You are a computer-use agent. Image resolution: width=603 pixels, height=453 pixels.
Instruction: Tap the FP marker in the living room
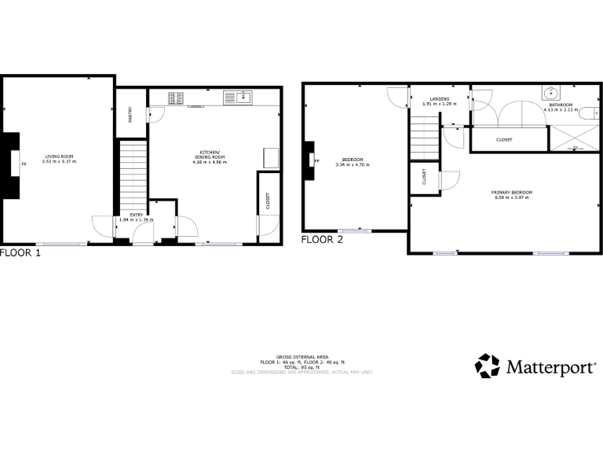[24, 164]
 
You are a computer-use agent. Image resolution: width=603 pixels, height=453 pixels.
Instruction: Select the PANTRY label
[130, 113]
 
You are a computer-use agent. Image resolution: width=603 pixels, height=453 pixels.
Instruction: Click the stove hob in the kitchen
[176, 98]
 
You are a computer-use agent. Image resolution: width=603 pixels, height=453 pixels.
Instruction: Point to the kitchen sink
[243, 98]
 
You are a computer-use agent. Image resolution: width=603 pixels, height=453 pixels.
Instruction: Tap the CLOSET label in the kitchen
[267, 203]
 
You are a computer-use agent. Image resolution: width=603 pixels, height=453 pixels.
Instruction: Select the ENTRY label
[137, 215]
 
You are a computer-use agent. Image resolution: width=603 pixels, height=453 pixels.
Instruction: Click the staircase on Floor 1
[133, 177]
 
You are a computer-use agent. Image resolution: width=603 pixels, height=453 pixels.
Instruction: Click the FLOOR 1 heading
[20, 253]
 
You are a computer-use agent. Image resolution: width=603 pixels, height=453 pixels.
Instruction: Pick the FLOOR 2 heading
[322, 241]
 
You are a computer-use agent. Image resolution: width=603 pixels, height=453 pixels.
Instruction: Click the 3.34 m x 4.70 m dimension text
[352, 164]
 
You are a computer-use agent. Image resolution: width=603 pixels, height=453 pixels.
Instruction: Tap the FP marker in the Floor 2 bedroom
[317, 162]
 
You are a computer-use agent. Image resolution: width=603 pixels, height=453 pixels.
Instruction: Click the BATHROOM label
[560, 105]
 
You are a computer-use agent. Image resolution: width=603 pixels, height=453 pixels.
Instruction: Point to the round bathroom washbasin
[548, 93]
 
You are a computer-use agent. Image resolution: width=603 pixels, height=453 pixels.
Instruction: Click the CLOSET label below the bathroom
[504, 139]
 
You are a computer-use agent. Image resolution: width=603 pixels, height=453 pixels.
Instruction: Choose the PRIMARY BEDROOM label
[511, 193]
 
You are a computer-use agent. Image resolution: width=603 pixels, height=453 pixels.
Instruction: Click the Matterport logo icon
[487, 366]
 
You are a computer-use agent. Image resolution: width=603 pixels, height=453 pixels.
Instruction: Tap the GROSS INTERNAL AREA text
[301, 356]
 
